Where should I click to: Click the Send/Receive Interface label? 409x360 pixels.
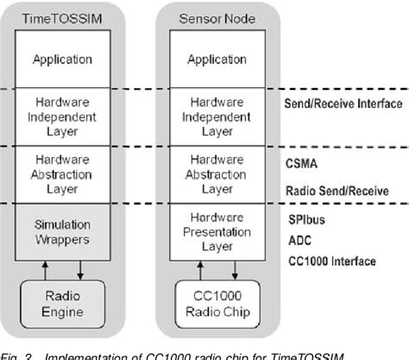click(343, 100)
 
